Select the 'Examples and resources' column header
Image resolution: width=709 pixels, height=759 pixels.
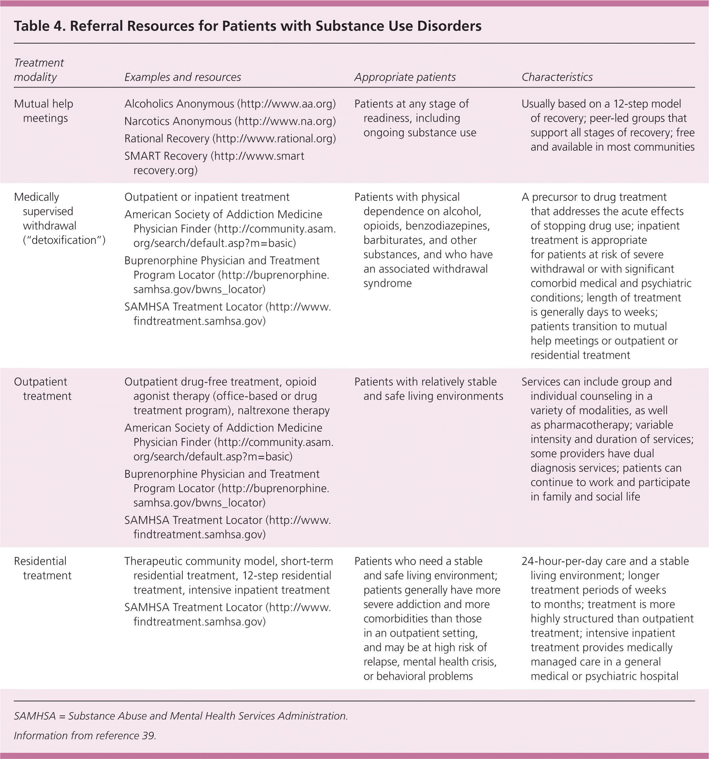[183, 77]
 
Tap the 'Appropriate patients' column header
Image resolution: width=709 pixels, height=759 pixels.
[405, 77]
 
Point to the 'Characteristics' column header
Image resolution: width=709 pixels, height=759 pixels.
[557, 77]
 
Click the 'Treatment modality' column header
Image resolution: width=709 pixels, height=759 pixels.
[39, 70]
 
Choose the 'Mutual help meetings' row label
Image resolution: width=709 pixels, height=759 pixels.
[44, 111]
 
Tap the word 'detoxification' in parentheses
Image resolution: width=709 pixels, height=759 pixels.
[64, 240]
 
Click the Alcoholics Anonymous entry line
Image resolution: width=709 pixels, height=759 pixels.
[230, 104]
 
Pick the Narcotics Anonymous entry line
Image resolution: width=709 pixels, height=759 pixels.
[230, 121]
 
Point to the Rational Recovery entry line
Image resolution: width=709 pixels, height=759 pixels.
[230, 138]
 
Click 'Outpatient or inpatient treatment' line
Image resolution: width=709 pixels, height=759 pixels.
[207, 197]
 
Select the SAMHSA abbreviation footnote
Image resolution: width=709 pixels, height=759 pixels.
[181, 716]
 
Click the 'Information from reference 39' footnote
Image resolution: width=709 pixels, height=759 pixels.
[85, 735]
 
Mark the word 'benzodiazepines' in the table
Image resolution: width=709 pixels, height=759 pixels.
[447, 226]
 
